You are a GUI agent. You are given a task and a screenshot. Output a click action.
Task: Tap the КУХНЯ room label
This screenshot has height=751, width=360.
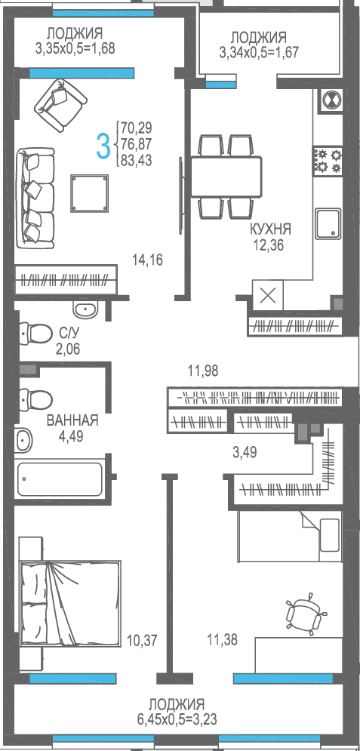270,229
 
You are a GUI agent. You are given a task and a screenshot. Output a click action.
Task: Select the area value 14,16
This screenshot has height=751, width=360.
148,260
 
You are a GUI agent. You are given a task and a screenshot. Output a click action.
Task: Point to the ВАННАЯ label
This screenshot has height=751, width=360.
72,420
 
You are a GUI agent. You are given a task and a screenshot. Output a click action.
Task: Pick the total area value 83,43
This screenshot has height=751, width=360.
137,161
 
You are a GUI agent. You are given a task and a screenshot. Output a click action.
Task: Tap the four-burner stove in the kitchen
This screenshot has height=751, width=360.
328,161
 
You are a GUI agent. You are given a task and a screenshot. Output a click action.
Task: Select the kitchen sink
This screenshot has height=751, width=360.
328,223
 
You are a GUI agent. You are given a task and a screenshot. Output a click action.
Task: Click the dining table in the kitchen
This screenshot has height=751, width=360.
226,177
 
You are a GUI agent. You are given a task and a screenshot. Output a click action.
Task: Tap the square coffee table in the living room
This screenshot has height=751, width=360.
90,193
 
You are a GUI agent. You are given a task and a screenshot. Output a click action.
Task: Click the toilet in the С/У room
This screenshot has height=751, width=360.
35,331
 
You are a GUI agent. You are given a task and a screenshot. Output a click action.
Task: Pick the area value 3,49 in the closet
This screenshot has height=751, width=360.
245,453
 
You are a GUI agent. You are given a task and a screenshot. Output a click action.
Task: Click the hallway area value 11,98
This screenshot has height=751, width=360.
202,371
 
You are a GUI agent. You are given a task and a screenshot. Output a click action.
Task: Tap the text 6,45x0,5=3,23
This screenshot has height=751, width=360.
176,719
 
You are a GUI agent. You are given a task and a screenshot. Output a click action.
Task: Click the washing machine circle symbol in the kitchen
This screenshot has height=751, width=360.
331,100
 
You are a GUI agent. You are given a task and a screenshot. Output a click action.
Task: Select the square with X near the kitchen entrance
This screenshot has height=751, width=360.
268,296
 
